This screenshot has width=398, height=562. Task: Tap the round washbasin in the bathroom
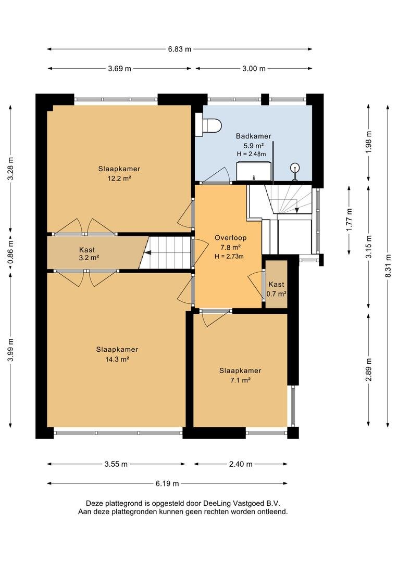295,167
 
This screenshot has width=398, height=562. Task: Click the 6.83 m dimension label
180,49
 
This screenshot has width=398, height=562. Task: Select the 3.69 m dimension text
119,69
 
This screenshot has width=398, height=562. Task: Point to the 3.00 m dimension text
254,69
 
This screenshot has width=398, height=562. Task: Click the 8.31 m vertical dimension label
388,266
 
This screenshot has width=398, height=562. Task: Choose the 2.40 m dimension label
241,464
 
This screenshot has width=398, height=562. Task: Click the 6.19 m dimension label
167,483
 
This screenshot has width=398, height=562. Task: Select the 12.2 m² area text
119,178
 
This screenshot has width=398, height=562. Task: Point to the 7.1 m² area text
240,380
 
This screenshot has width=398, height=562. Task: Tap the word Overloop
230,238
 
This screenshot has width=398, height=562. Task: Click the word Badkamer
253,136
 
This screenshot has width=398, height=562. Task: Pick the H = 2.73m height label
229,256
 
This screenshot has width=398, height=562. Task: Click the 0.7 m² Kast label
276,294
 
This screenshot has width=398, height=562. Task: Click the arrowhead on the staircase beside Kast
147,252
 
